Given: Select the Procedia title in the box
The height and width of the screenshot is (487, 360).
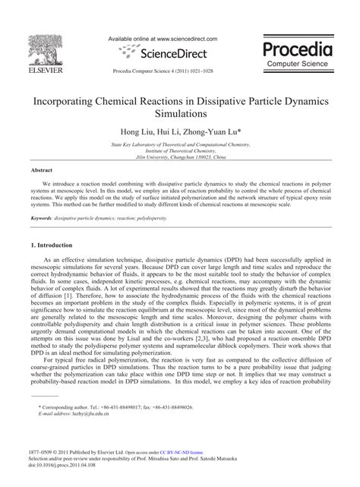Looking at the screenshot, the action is (298, 49).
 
